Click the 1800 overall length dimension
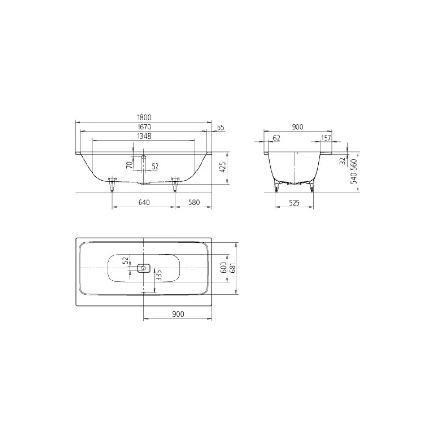point(144,118)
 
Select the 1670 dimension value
point(144,127)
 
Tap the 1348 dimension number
point(144,136)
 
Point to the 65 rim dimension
point(220,127)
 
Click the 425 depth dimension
point(223,168)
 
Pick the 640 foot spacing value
point(144,202)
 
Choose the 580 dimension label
point(194,202)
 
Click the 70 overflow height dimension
point(129,165)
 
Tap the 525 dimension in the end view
point(294,203)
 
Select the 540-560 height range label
point(354,171)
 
